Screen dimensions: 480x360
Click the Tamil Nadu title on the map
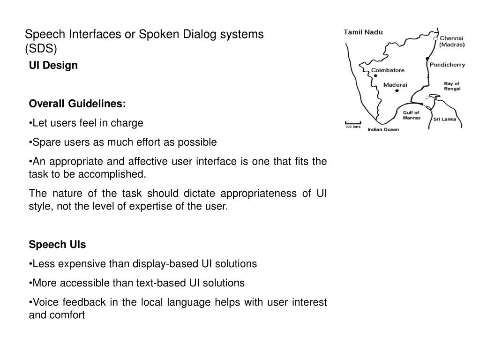point(363,32)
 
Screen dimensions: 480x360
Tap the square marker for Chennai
point(435,38)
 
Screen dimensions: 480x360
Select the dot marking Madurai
point(397,91)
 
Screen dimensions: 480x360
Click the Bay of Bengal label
point(452,86)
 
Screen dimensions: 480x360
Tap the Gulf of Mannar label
point(412,115)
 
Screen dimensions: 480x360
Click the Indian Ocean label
point(383,129)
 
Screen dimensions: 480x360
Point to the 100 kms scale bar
point(353,123)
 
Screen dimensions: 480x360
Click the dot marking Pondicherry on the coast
point(427,59)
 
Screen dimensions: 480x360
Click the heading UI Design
point(53,66)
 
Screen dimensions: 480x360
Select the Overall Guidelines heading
point(77,103)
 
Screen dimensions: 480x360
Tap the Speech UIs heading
point(57,245)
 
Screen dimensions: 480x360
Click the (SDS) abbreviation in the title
point(40,48)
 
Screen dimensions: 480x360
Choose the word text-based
point(161,283)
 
